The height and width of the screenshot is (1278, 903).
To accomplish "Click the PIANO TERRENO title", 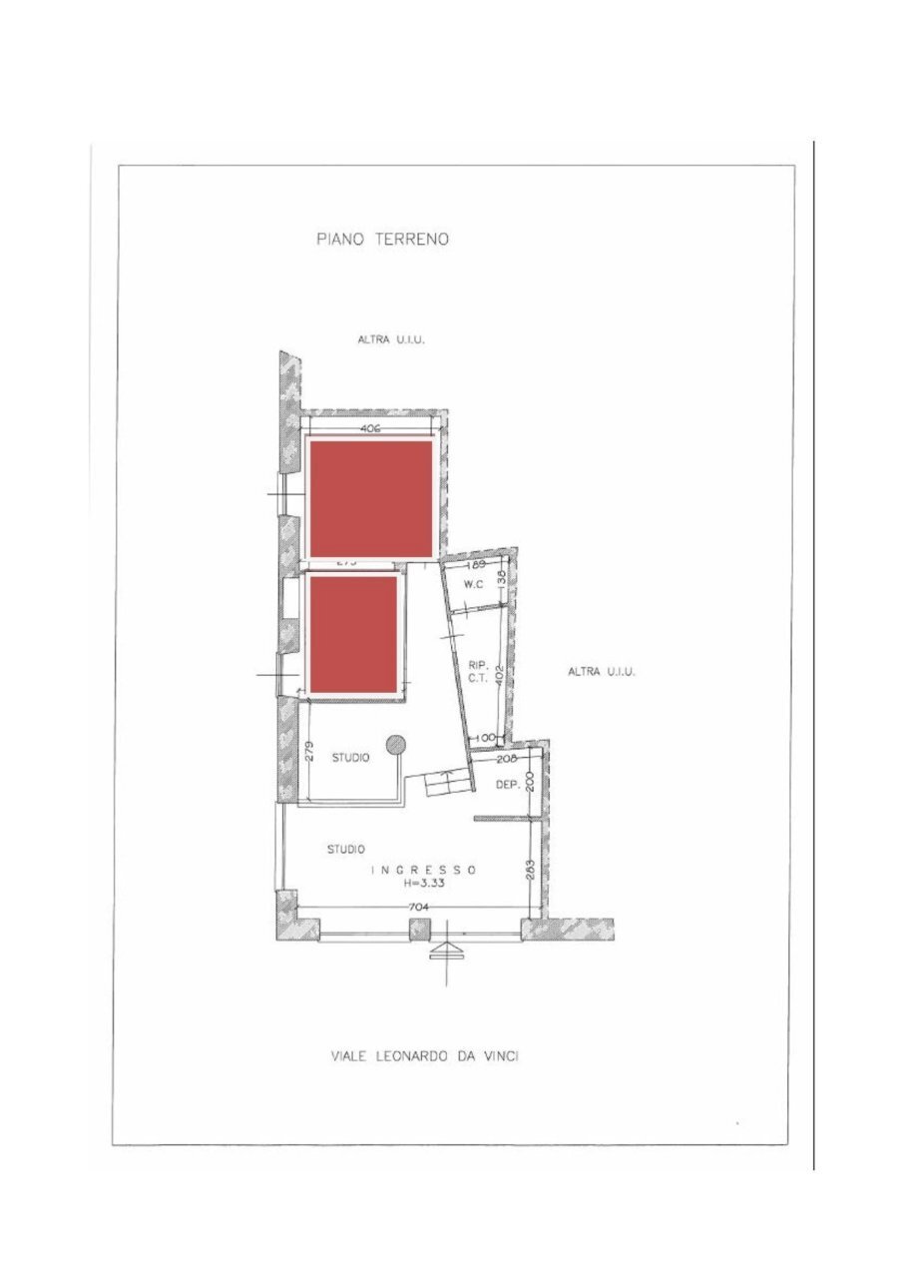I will click(382, 239).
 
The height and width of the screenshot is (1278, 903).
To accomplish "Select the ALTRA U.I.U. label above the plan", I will click(392, 339).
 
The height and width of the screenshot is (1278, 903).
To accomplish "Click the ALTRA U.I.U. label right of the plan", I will click(602, 672).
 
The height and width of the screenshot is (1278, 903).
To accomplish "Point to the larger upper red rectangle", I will click(370, 498).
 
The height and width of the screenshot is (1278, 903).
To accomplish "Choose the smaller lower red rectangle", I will click(353, 633).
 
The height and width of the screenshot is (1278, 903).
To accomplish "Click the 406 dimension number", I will click(370, 428).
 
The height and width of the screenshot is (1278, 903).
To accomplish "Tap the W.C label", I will click(473, 586).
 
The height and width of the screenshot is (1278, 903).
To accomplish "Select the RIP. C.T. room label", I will click(476, 672).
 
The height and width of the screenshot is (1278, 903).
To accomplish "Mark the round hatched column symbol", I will click(396, 744).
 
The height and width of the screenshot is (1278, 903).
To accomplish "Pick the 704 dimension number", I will click(416, 908).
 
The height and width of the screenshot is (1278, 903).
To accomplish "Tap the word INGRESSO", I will click(424, 870).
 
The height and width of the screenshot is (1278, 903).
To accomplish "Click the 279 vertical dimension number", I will click(308, 754).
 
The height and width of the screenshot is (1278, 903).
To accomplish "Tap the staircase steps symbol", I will click(446, 784).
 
